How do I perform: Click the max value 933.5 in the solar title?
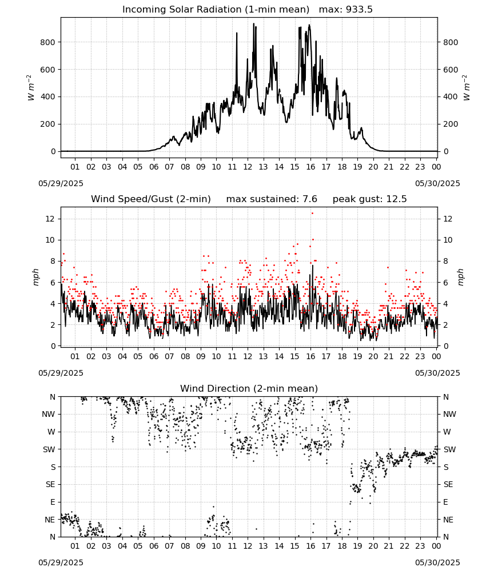(x=359, y=10)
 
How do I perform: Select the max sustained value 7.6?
(x=310, y=199)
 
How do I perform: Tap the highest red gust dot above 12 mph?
(x=312, y=214)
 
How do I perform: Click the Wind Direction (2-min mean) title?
(x=249, y=388)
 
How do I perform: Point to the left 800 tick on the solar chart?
(x=48, y=42)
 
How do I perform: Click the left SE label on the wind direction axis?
(x=50, y=484)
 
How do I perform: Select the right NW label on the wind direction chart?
(x=449, y=414)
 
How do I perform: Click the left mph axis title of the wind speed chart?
(x=35, y=277)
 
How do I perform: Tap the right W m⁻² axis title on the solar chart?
(x=467, y=87)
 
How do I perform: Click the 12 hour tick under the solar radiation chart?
(x=248, y=167)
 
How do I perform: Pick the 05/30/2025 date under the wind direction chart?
(x=437, y=562)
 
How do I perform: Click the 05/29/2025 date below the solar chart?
(x=61, y=183)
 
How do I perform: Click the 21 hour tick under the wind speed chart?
(x=389, y=356)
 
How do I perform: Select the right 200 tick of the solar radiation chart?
(x=451, y=124)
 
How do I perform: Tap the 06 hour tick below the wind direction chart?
(x=153, y=546)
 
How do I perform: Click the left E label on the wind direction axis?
(x=53, y=502)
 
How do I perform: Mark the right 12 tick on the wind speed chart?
(x=448, y=219)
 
